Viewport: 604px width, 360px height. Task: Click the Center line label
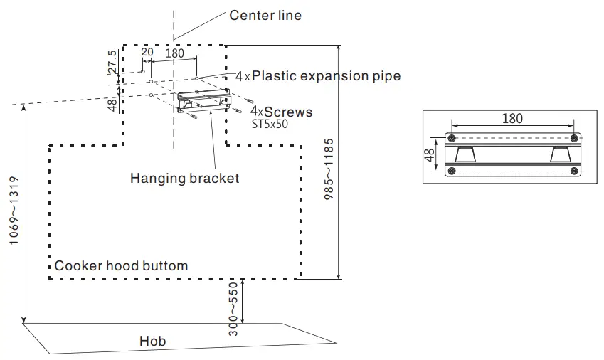click(x=265, y=16)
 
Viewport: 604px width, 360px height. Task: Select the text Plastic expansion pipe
click(x=326, y=75)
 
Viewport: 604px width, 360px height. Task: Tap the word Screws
click(x=288, y=112)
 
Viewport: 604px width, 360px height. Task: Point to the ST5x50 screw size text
click(x=270, y=124)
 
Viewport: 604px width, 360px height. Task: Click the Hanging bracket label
click(x=185, y=179)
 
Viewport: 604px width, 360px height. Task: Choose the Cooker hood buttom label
click(x=122, y=265)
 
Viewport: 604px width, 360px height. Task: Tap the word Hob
click(x=152, y=342)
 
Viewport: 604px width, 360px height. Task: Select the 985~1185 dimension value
click(x=328, y=170)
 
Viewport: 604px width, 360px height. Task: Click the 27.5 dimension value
click(x=112, y=63)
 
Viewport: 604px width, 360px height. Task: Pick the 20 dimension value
click(x=147, y=52)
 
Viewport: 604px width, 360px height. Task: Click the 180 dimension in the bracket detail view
click(x=513, y=119)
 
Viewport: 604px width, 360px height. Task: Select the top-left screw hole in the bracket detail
click(x=450, y=138)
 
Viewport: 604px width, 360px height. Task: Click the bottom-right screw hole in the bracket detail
click(x=574, y=171)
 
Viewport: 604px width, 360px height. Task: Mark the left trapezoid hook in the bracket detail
click(x=467, y=155)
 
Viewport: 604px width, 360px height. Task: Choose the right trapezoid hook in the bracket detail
click(x=559, y=155)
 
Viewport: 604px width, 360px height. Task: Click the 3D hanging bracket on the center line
click(x=203, y=101)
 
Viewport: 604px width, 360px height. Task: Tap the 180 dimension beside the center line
click(x=174, y=53)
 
